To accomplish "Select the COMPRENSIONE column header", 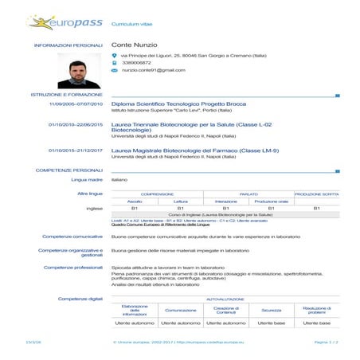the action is [x=158, y=194].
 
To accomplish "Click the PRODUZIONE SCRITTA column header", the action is [x=316, y=194].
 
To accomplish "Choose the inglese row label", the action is [x=94, y=208].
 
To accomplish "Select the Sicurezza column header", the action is [x=272, y=310].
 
